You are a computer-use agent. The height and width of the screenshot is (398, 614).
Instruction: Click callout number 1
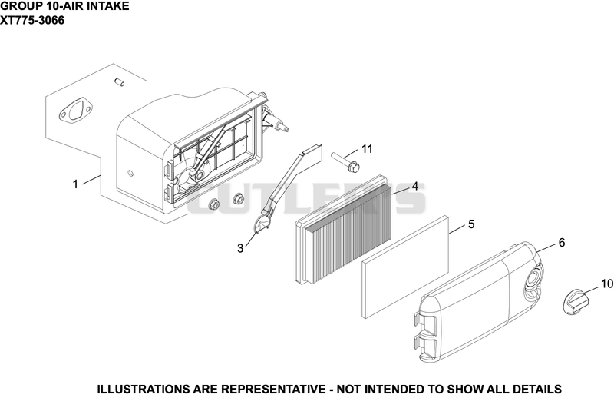[75, 184]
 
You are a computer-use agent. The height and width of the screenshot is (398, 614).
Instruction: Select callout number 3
[240, 248]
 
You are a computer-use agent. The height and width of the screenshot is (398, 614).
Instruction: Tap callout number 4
[414, 186]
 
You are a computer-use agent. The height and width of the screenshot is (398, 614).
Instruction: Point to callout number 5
[471, 224]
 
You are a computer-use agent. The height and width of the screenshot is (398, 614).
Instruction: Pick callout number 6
[562, 243]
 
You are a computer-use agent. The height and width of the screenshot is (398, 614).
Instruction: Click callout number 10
[606, 284]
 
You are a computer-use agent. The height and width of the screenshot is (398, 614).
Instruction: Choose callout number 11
[367, 149]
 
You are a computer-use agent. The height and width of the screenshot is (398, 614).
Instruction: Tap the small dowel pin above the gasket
[119, 82]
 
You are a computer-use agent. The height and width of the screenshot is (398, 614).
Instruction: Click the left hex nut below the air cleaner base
[213, 204]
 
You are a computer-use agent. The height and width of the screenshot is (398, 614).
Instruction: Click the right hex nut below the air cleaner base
[237, 198]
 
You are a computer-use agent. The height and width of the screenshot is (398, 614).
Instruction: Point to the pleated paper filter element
[343, 230]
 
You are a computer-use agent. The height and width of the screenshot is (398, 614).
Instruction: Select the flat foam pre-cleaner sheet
[405, 267]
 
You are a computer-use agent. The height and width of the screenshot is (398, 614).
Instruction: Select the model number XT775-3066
[32, 20]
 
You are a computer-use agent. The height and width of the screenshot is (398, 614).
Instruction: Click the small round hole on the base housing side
[130, 173]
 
